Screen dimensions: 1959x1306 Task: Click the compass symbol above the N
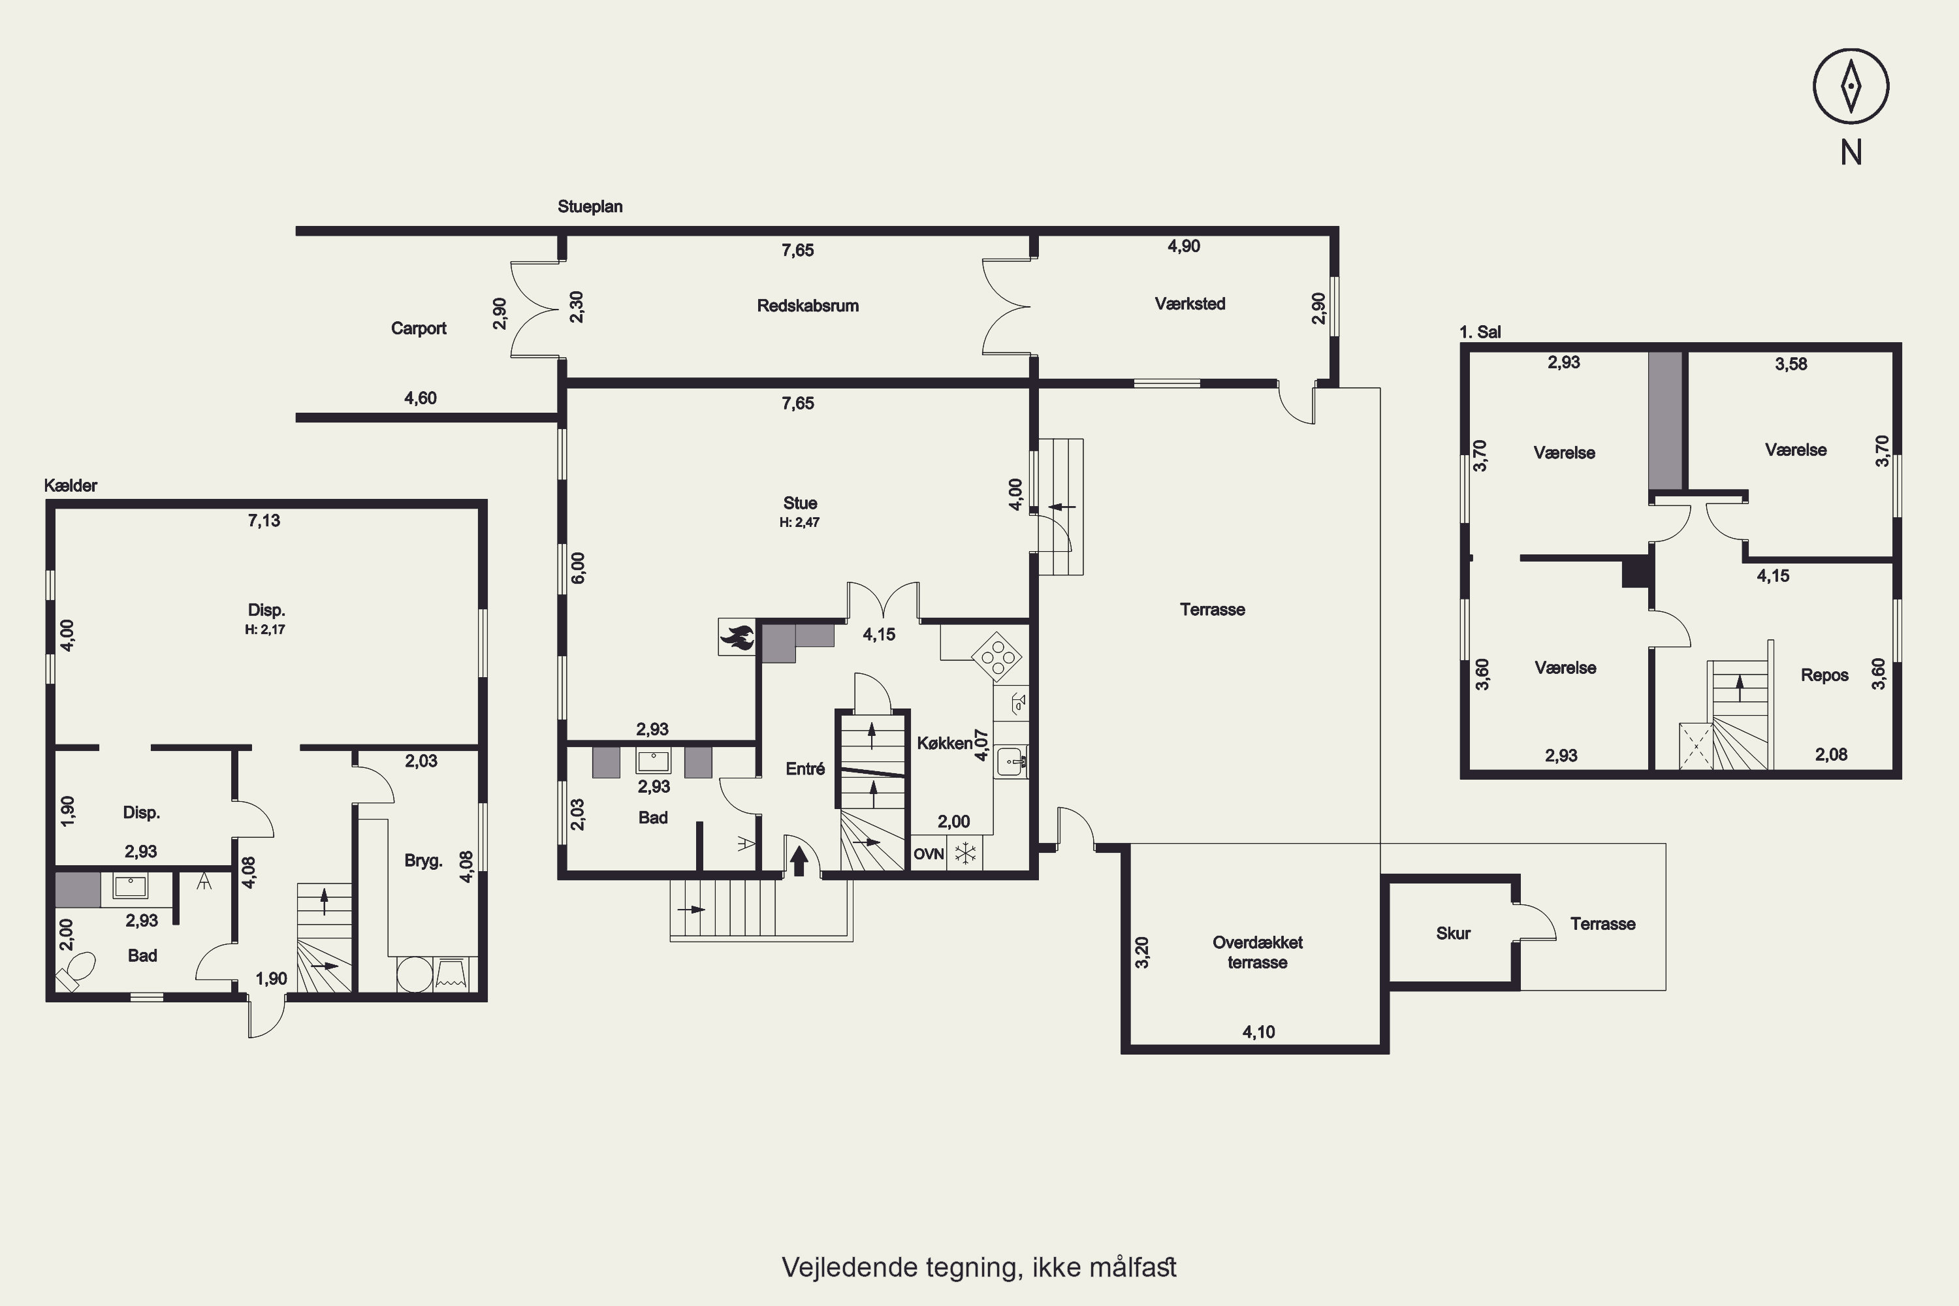click(x=1851, y=86)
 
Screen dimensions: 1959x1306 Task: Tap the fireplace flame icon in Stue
click(x=737, y=637)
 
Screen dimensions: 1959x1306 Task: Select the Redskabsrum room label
click(x=808, y=306)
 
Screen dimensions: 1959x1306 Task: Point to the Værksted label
click(x=1189, y=304)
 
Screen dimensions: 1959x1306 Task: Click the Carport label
click(x=418, y=328)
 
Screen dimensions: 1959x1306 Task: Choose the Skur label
click(x=1452, y=934)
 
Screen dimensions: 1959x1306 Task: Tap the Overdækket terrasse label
click(x=1258, y=953)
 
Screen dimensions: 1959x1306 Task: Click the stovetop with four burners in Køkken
click(x=997, y=657)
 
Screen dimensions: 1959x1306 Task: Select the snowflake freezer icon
click(x=965, y=853)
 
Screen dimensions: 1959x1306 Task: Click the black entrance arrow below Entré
click(x=798, y=861)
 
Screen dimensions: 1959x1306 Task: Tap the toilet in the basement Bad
click(x=75, y=972)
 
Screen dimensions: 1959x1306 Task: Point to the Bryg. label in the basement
click(x=423, y=861)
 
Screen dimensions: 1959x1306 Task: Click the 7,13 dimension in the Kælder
click(x=264, y=520)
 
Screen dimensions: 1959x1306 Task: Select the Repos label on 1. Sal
click(x=1824, y=675)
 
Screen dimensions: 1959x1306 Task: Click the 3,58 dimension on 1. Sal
click(x=1791, y=364)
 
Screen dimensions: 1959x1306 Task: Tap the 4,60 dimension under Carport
click(x=421, y=398)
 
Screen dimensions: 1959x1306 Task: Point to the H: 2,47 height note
click(x=799, y=522)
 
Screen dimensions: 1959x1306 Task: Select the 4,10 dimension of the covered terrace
click(x=1258, y=1032)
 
